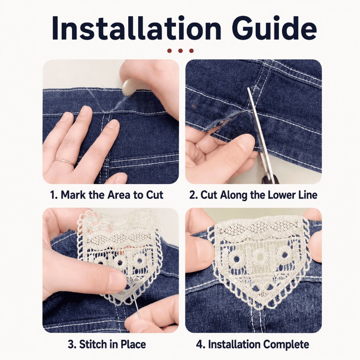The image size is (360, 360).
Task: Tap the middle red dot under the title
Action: point(180,51)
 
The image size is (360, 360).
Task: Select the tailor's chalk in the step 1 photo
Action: point(128,87)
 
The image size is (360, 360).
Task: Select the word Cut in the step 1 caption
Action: point(154,195)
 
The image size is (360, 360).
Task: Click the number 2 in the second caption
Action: point(192,195)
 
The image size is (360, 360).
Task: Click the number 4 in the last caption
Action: point(199,345)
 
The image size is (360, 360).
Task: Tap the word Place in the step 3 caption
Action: point(133,344)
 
